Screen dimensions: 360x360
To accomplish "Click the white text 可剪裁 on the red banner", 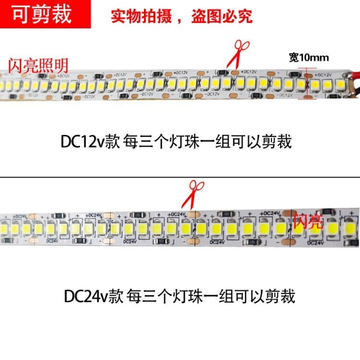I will click(x=42, y=15).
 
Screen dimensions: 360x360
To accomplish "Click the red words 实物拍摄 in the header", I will click(x=137, y=16).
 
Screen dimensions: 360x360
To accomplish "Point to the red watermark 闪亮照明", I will click(x=38, y=65).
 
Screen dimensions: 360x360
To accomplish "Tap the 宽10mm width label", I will click(x=309, y=58).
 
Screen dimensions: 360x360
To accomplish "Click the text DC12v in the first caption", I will click(x=80, y=142).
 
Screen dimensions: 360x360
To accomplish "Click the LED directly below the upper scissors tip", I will click(x=227, y=82).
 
